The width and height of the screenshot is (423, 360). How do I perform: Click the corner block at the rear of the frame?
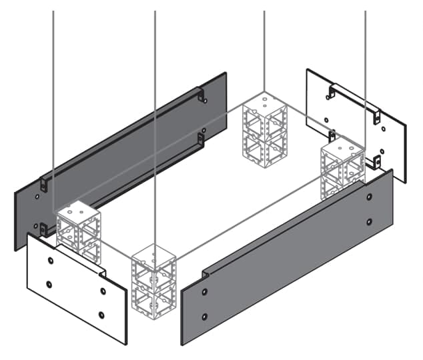point(264,130)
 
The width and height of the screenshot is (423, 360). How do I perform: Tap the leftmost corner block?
point(78,231)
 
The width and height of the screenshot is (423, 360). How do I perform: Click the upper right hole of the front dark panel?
point(369,197)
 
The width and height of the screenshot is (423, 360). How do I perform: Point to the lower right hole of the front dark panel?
point(369,221)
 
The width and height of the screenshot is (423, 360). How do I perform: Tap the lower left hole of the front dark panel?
point(205,317)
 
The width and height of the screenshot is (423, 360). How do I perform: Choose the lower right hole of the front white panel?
point(101,315)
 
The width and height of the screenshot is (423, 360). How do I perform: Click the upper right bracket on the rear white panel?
point(377,117)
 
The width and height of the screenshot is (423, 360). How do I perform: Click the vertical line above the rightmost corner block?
point(365,67)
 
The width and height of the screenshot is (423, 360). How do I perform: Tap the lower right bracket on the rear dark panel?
point(201,139)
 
